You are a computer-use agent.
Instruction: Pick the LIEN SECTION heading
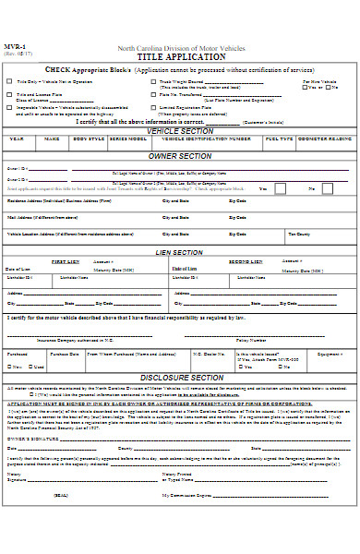pos(181,252)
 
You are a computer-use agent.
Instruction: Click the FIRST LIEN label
pos(65,261)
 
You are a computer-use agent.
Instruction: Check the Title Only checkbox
pos(10,82)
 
